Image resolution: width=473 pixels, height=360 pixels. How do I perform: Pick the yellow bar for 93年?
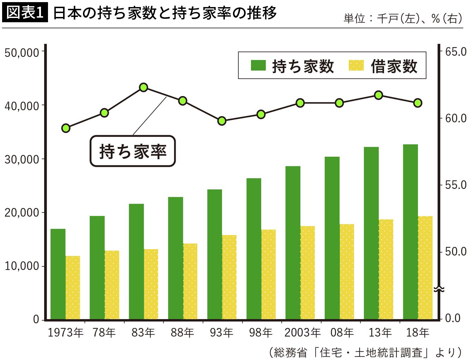pyautogui.click(x=229, y=277)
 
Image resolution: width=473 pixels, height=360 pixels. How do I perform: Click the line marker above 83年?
pyautogui.click(x=143, y=87)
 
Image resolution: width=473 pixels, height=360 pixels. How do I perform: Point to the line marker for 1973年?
pyautogui.click(x=66, y=128)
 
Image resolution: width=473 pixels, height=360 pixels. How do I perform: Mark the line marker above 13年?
pyautogui.click(x=378, y=95)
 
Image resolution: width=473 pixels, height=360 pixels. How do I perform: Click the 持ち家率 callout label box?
pyautogui.click(x=133, y=151)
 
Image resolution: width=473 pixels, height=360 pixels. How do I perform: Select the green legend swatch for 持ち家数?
pyautogui.click(x=258, y=66)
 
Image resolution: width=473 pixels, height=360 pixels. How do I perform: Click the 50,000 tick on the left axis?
pyautogui.click(x=22, y=52)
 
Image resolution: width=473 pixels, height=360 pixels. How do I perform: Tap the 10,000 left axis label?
pyautogui.click(x=22, y=266)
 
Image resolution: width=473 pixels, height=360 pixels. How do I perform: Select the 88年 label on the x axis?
pyautogui.click(x=182, y=332)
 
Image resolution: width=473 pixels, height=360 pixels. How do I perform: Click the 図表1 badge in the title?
pyautogui.click(x=25, y=13)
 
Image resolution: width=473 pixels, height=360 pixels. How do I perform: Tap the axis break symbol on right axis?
pyautogui.click(x=439, y=289)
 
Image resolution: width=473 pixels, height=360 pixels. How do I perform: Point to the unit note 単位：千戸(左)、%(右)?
pyautogui.click(x=402, y=18)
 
